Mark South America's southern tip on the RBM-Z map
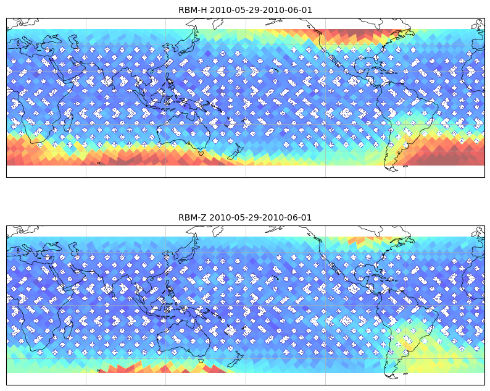pos(392,378)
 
